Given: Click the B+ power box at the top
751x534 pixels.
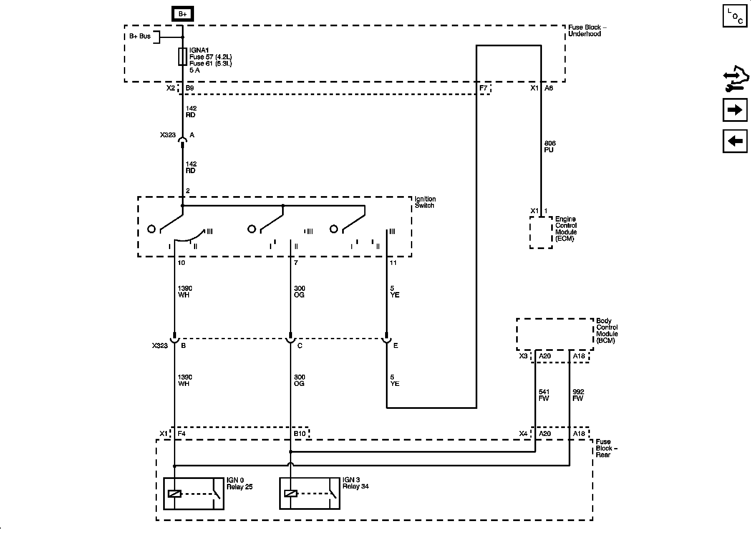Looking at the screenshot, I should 182,14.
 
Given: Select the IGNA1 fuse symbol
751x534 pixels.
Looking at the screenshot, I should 182,57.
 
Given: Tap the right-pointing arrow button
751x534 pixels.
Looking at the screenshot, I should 735,110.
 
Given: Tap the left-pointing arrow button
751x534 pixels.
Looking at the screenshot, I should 735,141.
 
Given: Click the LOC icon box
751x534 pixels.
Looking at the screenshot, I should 735,16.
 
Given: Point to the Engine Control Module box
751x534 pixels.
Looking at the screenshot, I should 541,232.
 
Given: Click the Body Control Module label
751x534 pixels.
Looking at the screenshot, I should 607,331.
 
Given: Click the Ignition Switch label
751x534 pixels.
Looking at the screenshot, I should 425,202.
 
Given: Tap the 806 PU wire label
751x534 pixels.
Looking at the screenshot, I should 549,146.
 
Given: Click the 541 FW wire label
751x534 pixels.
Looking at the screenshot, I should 544,395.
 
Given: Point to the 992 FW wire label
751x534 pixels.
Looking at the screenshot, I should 578,395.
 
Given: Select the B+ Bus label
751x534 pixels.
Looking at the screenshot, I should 140,36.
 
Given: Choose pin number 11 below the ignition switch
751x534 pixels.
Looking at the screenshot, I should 393,263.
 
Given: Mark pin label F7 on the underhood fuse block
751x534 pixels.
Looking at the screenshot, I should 483,88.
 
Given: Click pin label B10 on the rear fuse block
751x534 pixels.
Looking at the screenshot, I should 300,434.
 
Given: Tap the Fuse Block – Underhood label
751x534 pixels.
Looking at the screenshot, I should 587,30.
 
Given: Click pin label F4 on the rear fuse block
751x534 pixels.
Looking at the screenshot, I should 181,434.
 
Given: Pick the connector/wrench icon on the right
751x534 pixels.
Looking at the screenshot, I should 735,82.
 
